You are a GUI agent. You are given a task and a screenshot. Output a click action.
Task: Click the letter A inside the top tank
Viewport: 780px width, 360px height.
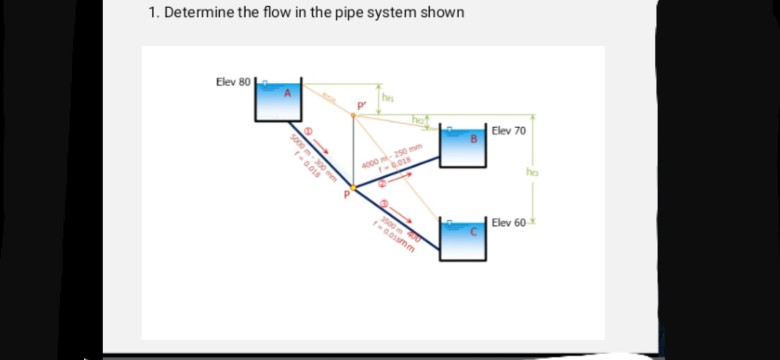click(x=285, y=93)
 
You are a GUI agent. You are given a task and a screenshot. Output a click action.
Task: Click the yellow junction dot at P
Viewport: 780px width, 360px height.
click(x=352, y=186)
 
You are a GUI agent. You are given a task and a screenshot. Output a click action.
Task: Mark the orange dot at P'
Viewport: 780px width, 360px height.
click(x=352, y=114)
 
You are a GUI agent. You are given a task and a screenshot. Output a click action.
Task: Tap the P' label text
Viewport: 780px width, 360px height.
click(x=363, y=103)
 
